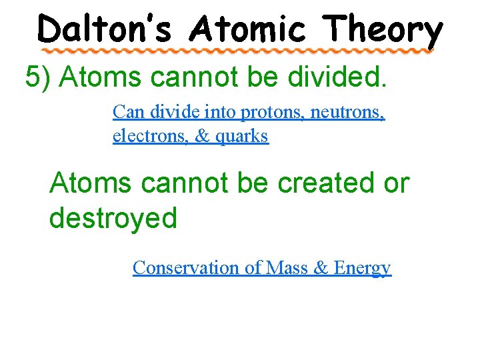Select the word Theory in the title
(383, 30)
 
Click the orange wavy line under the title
(237, 51)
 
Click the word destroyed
(113, 219)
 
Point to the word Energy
(362, 268)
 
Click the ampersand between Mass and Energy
(320, 267)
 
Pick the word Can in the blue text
(126, 112)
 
